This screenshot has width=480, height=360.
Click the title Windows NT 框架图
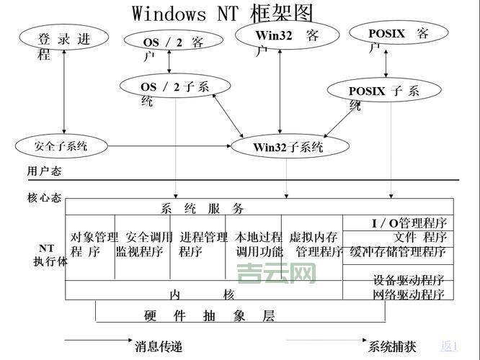[223, 13]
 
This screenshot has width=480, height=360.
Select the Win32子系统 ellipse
[288, 148]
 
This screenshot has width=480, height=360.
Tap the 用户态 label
[44, 171]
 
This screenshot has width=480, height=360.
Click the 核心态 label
[44, 197]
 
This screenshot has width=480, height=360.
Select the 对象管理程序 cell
[93, 244]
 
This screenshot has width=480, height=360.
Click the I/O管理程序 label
[409, 223]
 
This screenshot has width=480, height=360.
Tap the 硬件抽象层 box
[210, 316]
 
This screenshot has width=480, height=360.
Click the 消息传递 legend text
[159, 346]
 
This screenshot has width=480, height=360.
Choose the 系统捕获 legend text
[392, 346]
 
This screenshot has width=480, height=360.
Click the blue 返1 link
[450, 346]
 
